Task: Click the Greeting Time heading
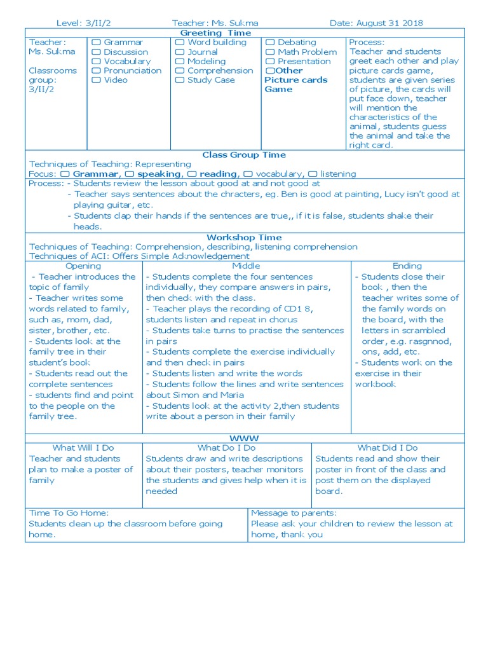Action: [215, 32]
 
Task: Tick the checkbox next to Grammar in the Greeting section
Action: [96, 43]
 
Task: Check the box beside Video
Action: [96, 81]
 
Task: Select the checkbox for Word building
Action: [180, 43]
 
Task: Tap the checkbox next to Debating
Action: [270, 43]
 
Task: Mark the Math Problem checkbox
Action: [270, 52]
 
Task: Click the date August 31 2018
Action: [376, 23]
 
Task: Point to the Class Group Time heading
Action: [244, 154]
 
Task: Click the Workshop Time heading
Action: [244, 237]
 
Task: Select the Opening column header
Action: [83, 266]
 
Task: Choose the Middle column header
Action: [246, 266]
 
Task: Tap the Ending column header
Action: [407, 266]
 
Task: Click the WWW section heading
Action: [245, 439]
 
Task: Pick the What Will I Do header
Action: [83, 448]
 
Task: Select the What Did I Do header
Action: [388, 448]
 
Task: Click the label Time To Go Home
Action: [69, 512]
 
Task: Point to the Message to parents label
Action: [294, 512]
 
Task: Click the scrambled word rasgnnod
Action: [429, 341]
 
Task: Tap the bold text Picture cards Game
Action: [295, 85]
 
